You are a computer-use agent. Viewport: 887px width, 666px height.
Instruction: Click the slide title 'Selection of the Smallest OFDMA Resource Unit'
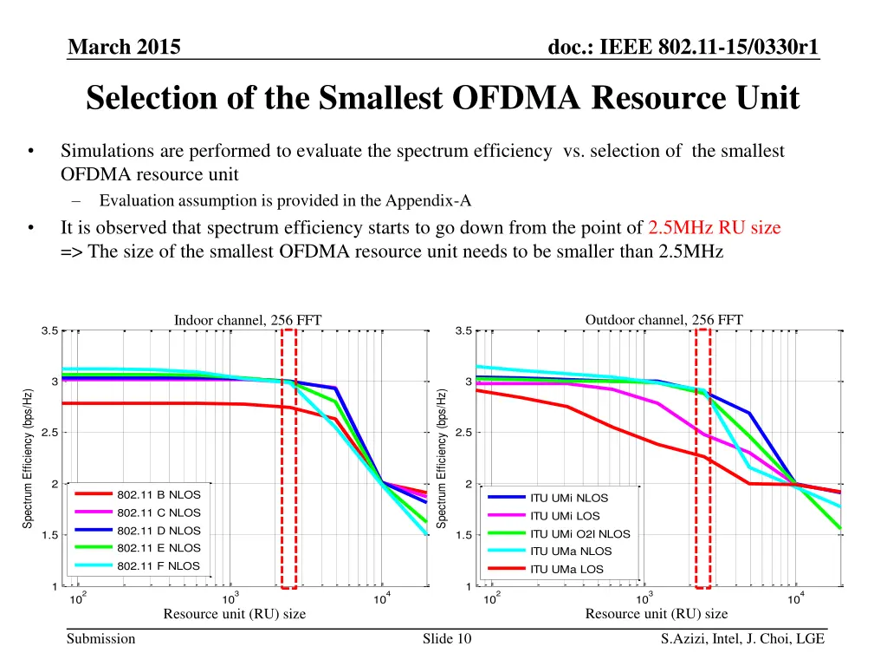443,98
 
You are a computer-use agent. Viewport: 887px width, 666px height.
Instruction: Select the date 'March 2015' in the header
125,48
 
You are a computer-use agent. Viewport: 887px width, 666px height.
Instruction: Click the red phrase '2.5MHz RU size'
714,228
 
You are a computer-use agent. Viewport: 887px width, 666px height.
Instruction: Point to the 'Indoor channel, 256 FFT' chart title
248,321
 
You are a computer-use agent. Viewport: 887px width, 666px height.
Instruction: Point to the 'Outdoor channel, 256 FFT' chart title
664,320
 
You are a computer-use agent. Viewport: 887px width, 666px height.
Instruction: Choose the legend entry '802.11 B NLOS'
159,494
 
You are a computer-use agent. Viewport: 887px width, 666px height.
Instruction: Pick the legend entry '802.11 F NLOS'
159,565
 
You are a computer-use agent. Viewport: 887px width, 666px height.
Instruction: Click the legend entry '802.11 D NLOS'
159,530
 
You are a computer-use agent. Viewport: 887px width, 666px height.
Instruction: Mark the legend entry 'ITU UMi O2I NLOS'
579,533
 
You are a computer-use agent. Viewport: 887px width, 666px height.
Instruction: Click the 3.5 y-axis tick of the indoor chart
49,330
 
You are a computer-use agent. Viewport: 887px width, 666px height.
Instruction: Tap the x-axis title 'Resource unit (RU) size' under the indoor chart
235,614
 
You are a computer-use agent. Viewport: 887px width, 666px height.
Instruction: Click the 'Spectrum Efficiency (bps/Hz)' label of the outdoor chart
442,458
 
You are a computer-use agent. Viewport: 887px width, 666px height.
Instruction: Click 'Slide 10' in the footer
447,639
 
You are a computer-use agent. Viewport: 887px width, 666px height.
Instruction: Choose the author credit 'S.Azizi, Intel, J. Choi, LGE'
741,639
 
